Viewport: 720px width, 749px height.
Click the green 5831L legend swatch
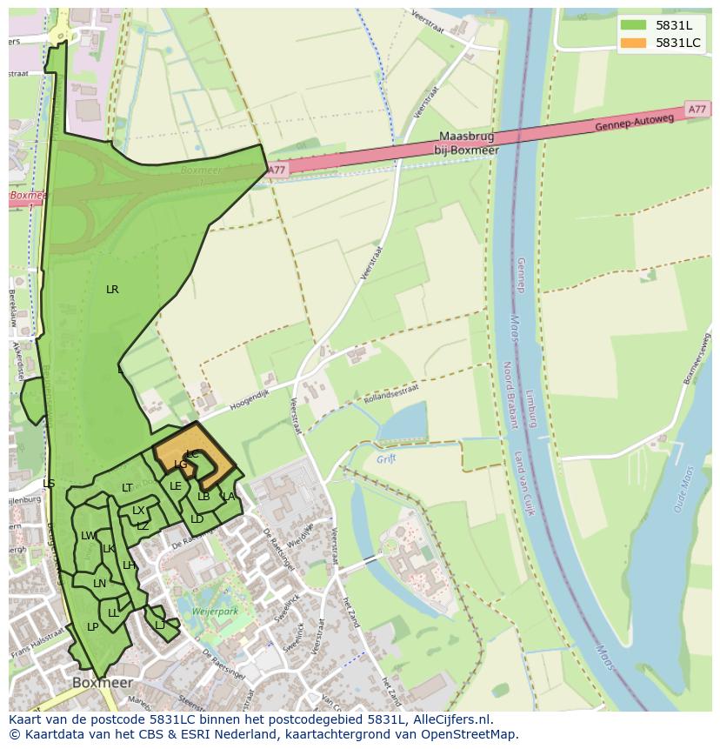[x=634, y=25]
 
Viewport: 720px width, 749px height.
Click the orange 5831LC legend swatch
[x=634, y=43]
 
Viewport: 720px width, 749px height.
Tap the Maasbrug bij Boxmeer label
[x=470, y=144]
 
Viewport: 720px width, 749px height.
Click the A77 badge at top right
[x=697, y=110]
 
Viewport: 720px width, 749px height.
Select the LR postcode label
[x=112, y=290]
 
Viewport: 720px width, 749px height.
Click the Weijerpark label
[x=215, y=613]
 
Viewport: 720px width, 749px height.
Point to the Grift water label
[x=386, y=458]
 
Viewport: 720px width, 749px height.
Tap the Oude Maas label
[x=683, y=489]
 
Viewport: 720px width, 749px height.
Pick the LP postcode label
[x=92, y=627]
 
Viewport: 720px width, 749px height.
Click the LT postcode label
[x=127, y=488]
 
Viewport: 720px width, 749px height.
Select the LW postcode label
[x=88, y=536]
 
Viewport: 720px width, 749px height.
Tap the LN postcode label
[x=99, y=584]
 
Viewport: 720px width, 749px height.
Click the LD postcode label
[x=197, y=519]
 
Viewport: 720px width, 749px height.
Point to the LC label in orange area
[x=192, y=454]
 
